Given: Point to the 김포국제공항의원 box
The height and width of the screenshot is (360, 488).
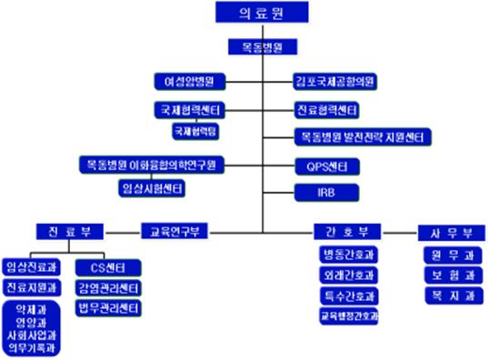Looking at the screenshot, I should tap(337, 81).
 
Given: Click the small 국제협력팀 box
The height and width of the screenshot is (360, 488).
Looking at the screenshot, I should tap(194, 131).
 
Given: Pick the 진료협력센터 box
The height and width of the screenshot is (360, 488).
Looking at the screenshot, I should tap(326, 110).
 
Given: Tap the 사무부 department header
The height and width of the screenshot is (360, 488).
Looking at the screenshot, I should tap(448, 230).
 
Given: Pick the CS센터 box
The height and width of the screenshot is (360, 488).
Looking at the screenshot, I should tap(107, 266).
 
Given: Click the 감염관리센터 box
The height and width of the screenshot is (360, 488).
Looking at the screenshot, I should tap(107, 288).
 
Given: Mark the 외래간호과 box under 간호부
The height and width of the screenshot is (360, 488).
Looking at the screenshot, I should tap(349, 274).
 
